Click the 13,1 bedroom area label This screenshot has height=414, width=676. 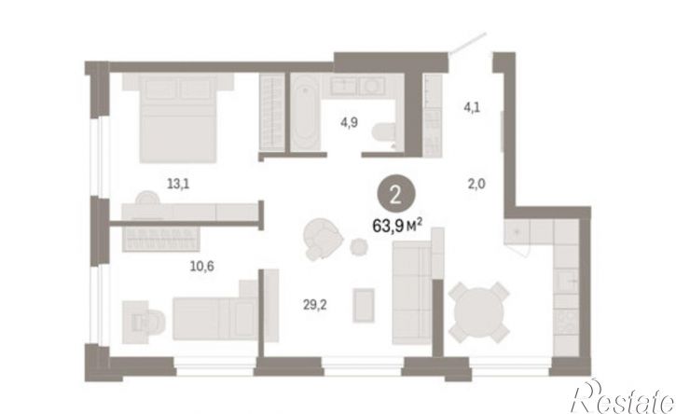[x=178, y=185]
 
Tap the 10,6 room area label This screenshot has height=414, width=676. [x=202, y=267]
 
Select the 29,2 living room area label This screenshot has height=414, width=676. [x=315, y=305]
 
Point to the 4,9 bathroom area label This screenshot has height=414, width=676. [x=349, y=123]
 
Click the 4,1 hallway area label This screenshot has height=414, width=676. [x=472, y=107]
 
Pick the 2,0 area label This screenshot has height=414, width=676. [x=476, y=185]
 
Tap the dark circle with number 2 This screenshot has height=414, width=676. [x=395, y=196]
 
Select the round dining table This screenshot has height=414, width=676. [x=479, y=312]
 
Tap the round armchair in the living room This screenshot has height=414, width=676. [x=323, y=239]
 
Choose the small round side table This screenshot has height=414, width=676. [x=359, y=247]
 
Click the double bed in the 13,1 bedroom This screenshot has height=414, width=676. [x=177, y=117]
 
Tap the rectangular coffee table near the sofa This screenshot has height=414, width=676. [x=364, y=305]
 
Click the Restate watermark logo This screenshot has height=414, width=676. [x=623, y=397]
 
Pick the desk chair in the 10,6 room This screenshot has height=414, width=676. [x=149, y=322]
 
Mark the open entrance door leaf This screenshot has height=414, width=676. [x=467, y=44]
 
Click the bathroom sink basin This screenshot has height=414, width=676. [x=372, y=86]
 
